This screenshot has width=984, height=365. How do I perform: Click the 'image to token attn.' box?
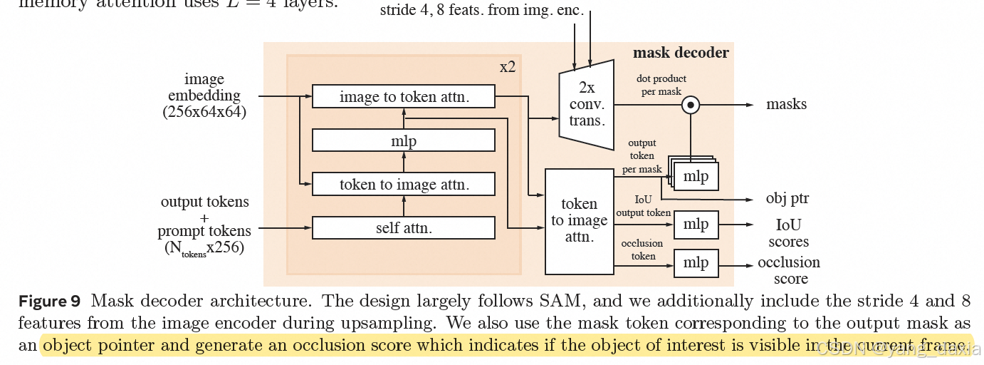pyautogui.click(x=404, y=97)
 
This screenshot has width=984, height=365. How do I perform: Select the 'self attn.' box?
pyautogui.click(x=404, y=228)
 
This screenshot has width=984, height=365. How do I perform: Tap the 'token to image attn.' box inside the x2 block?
pyautogui.click(x=404, y=185)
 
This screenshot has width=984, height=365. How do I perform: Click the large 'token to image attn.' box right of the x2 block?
pyautogui.click(x=579, y=221)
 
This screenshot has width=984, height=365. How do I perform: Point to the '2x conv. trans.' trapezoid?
pyautogui.click(x=586, y=105)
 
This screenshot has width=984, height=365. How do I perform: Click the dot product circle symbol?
pyautogui.click(x=690, y=105)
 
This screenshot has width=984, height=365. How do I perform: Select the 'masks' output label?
pyautogui.click(x=786, y=104)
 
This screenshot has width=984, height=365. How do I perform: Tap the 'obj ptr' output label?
pyautogui.click(x=787, y=198)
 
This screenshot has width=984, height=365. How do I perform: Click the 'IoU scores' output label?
pyautogui.click(x=788, y=233)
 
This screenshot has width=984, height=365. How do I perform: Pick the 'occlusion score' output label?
pyautogui.click(x=789, y=270)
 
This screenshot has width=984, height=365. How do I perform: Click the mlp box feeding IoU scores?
pyautogui.click(x=696, y=225)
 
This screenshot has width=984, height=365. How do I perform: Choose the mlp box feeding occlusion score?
pyautogui.click(x=696, y=263)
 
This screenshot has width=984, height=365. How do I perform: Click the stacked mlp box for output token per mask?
pyautogui.click(x=695, y=176)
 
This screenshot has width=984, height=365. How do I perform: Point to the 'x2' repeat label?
pyautogui.click(x=508, y=67)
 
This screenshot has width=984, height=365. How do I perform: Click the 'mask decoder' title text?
pyautogui.click(x=681, y=53)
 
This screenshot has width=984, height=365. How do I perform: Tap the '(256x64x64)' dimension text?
pyautogui.click(x=204, y=112)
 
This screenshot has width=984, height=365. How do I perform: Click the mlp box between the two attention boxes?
pyautogui.click(x=404, y=140)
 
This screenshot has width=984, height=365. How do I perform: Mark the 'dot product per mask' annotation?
pyautogui.click(x=661, y=85)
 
